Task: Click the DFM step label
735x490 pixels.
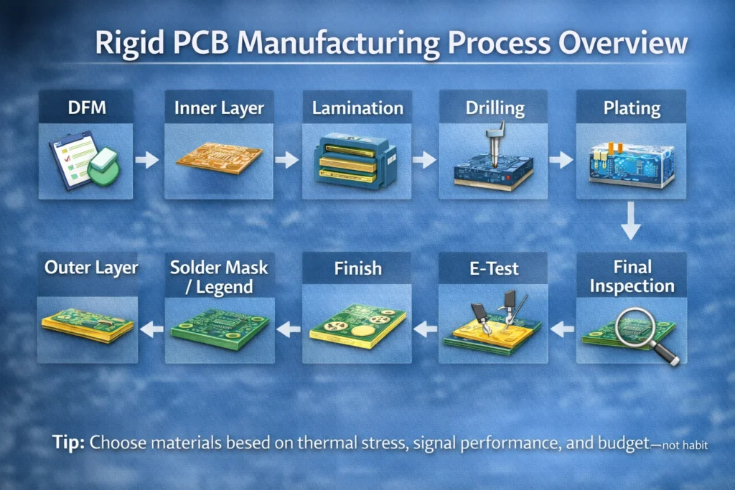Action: coord(85,108)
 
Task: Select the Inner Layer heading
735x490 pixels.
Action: coord(219,109)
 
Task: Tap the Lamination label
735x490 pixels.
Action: coord(357,109)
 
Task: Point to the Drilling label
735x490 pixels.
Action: coord(495,109)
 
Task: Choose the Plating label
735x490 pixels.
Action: coord(631,108)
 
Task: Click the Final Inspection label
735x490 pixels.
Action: coord(632,277)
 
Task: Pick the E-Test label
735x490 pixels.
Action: coord(494,270)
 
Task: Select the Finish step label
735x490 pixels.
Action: coord(357,269)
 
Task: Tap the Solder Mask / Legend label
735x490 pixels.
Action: coord(219,277)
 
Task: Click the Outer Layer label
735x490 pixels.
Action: coord(91,268)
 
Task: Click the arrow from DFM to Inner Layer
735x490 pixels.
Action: coord(147,160)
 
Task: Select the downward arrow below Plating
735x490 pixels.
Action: coord(630,221)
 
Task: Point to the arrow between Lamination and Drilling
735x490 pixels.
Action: coord(424,159)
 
